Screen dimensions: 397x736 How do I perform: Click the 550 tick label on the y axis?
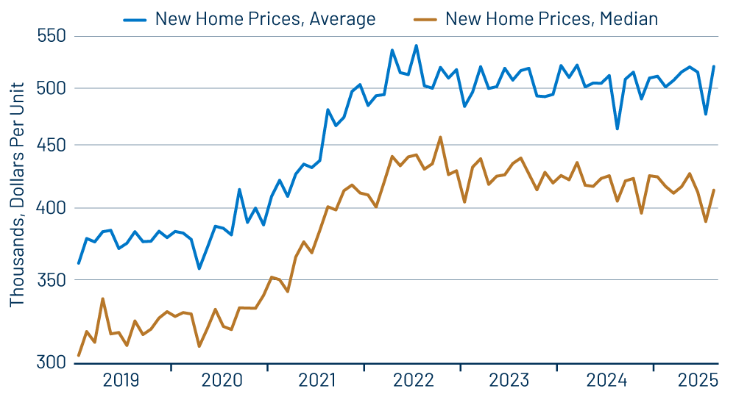pyautogui.click(x=51, y=36)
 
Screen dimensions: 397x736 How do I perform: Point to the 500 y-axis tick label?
pyautogui.click(x=51, y=88)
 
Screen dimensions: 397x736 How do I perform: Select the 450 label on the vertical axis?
pyautogui.click(x=51, y=146)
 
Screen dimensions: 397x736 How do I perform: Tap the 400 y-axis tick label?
pyautogui.click(x=51, y=208)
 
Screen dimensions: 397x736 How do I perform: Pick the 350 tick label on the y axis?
pyautogui.click(x=51, y=280)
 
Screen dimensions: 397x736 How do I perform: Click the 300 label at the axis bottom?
pyautogui.click(x=51, y=362)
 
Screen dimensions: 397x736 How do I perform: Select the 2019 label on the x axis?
pyautogui.click(x=121, y=380)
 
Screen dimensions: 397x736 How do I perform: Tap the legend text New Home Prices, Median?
pyautogui.click(x=551, y=18)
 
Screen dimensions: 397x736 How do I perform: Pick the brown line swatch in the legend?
pyautogui.click(x=425, y=18)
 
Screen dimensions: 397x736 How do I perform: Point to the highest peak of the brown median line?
pyautogui.click(x=440, y=137)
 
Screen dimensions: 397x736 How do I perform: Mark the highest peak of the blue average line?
pyautogui.click(x=417, y=46)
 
